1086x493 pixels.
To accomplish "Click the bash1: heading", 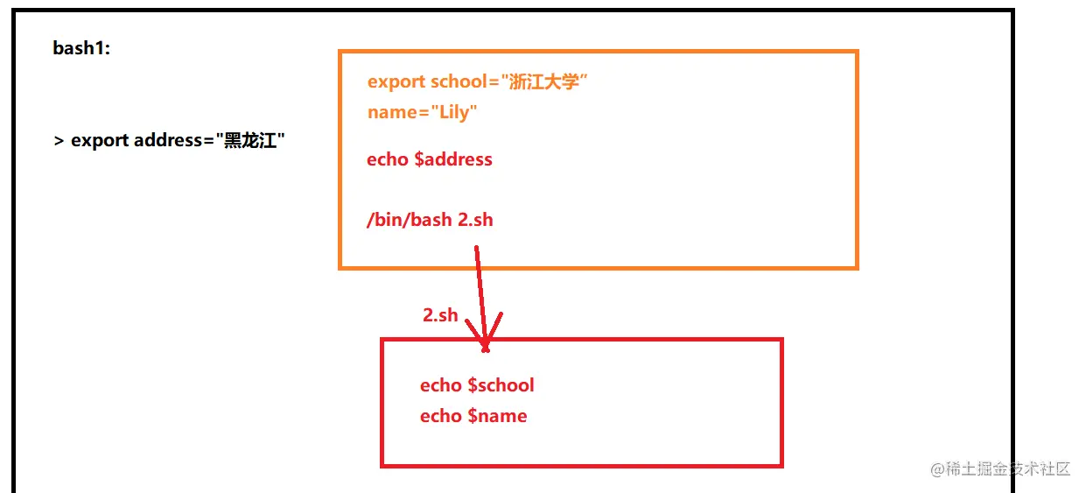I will pos(81,48).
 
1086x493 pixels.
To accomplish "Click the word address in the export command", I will pos(168,140).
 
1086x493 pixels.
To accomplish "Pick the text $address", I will pos(453,159).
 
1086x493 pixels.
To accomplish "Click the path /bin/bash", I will pos(409,219).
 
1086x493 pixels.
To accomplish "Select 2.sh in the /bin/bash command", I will pos(475,219).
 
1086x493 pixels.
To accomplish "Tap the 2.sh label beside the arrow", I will pos(440,315).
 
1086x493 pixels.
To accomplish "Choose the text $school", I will pos(501,385).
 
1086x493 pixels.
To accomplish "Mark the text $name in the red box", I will pos(497,416).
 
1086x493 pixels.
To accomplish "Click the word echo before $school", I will pos(440,385).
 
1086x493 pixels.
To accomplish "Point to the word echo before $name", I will pos(440,416).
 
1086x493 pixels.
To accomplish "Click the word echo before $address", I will pos(388,159).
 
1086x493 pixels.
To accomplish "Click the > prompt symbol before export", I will pos(59,141).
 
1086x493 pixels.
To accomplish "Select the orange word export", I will pos(396,81).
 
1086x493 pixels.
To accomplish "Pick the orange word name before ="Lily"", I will pos(390,112).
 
